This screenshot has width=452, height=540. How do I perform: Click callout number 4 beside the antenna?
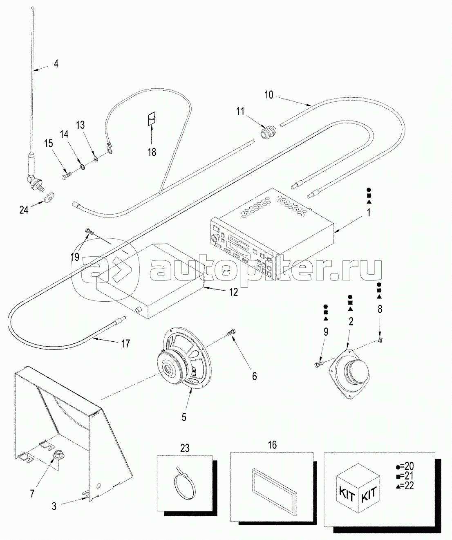56,64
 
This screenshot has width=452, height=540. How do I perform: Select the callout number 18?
152,152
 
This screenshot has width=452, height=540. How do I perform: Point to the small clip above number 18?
152,119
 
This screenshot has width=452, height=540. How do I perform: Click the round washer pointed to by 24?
49,198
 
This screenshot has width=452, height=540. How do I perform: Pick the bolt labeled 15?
66,175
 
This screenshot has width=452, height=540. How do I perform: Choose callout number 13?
80,125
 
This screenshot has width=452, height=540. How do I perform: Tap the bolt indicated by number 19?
89,231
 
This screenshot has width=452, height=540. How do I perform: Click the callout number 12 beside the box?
233,292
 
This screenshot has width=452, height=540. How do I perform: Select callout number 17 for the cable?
125,344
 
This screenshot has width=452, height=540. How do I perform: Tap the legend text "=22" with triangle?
405,486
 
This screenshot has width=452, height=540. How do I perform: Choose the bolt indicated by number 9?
319,364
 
